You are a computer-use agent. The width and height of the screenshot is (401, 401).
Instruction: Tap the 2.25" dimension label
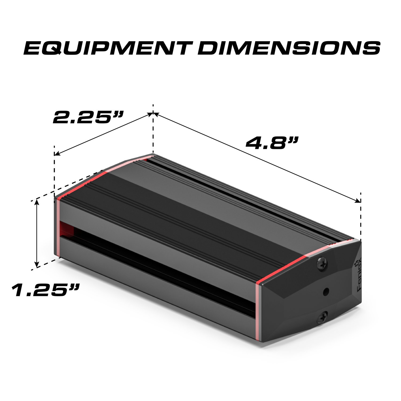point(88,118)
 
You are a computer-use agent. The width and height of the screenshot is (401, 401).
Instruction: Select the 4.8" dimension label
point(271,143)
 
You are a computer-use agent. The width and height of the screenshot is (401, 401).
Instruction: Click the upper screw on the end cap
point(322,264)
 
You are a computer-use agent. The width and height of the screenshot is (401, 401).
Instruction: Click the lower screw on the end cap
point(322,317)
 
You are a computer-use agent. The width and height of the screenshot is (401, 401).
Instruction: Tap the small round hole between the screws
point(326,292)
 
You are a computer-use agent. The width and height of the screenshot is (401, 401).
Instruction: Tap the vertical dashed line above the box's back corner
point(153,131)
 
